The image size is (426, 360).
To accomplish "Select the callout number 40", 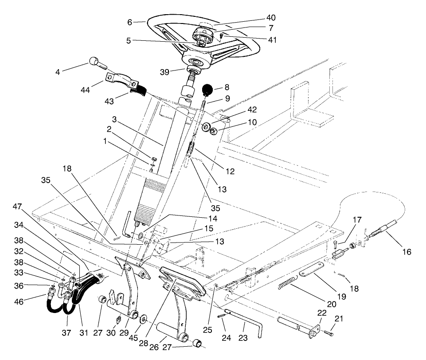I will pos(271,18).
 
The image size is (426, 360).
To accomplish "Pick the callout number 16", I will pos(406,252).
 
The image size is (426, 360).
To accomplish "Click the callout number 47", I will pos(17,207).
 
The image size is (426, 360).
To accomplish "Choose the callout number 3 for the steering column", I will pos(114,120).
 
